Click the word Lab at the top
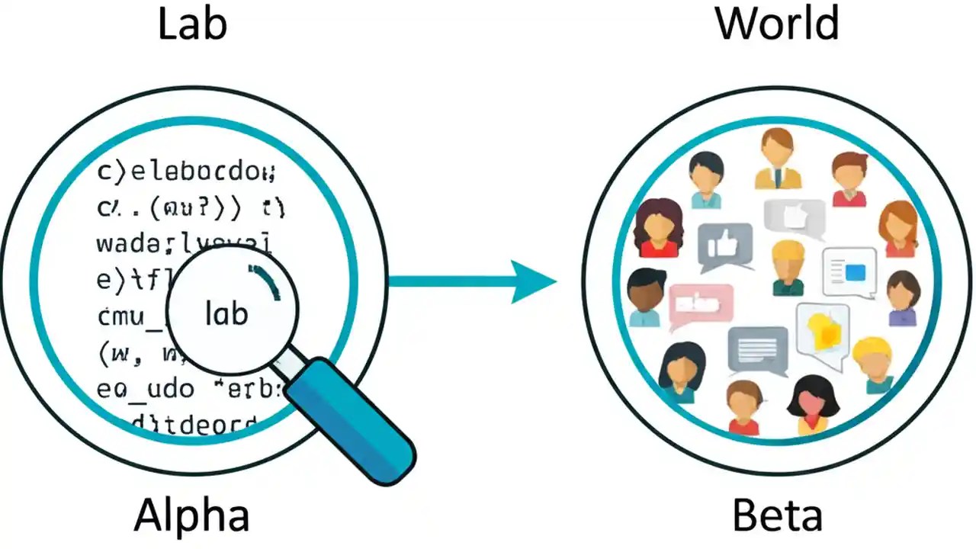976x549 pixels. coord(192,24)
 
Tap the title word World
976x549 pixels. coord(777,24)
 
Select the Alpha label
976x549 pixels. coord(192,515)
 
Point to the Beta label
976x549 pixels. coord(777,515)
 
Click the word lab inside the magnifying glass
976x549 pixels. coord(226,313)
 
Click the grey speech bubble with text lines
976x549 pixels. coord(757,351)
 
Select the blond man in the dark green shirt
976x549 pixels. coord(788,267)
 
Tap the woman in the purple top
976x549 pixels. coord(904,298)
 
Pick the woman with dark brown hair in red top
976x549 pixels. coord(659,227)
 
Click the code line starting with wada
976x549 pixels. coord(184,243)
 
